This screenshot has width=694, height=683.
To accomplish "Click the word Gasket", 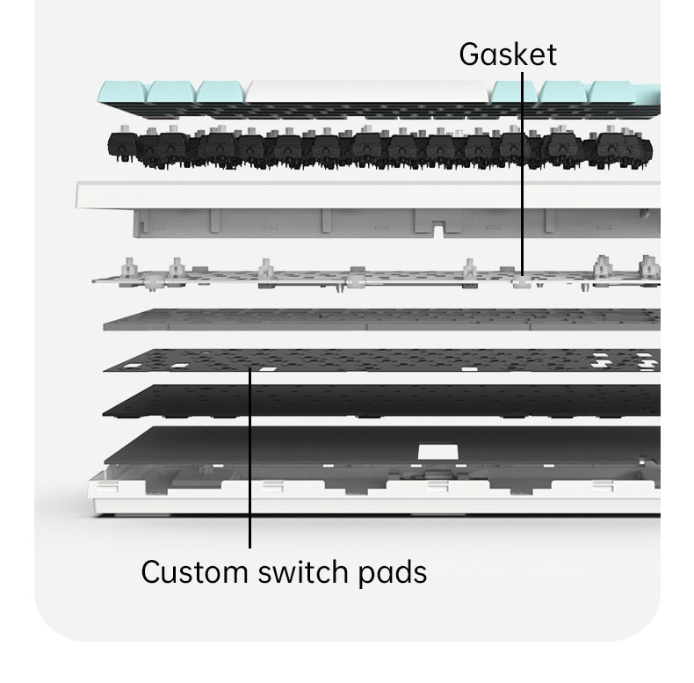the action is click(508, 54).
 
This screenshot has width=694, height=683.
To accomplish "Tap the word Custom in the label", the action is click(194, 572).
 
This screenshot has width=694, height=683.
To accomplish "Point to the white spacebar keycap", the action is click(367, 92).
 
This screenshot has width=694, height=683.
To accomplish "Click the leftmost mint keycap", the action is click(123, 92).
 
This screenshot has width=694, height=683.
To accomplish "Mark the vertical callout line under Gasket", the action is click(523, 174).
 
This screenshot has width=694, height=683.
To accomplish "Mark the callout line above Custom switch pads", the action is click(249, 458).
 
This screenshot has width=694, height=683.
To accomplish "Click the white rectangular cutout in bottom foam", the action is click(437, 452).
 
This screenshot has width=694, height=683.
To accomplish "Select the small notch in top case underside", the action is click(437, 231).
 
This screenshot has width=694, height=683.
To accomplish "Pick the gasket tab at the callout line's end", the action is click(522, 282).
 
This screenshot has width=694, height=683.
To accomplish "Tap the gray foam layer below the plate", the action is click(381, 320).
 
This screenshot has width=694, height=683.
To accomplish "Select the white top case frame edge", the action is click(367, 195).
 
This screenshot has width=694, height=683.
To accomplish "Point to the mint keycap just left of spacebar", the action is click(220, 92).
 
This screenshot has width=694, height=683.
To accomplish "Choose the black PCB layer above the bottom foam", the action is click(381, 401).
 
